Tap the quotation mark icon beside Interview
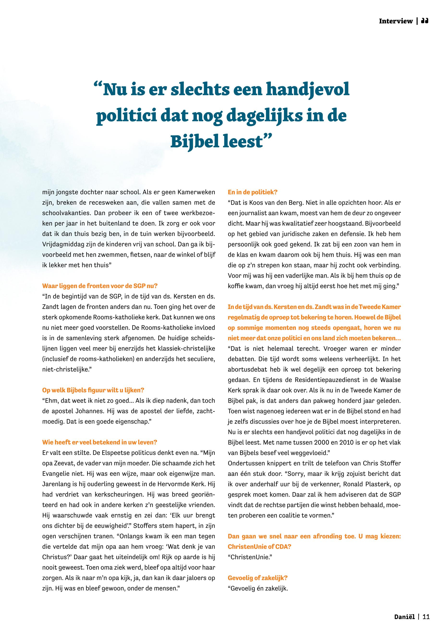pos(425,21)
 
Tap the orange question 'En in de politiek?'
pos(253,192)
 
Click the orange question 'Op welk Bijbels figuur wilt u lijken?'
pos(93,390)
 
